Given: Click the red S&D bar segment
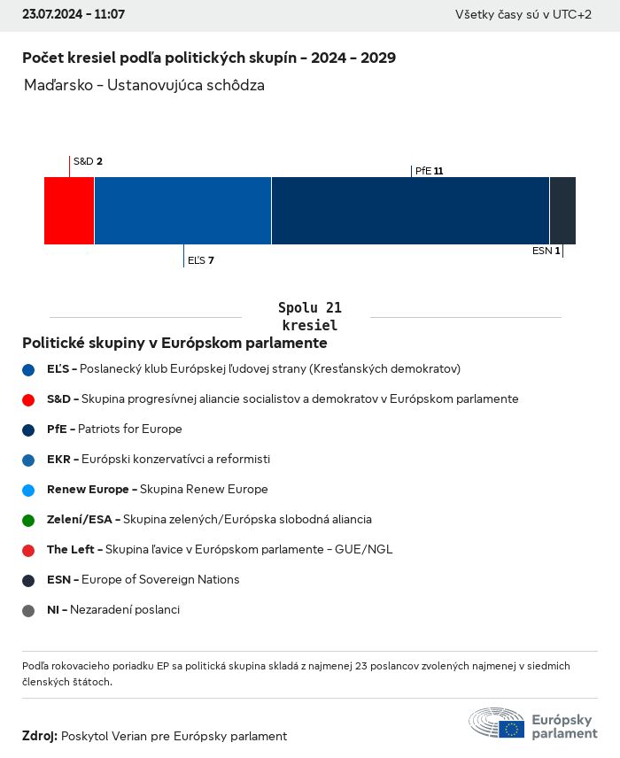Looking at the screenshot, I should coord(69,211).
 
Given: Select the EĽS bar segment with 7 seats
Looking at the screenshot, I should coord(182,211).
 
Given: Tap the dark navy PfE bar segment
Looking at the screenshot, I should coord(410,211).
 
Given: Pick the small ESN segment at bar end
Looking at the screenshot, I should coord(562,211).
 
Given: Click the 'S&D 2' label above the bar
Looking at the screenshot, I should coord(88,161).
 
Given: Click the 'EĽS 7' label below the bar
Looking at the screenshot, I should coord(200,260).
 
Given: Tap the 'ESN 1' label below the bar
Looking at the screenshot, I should coord(546,251).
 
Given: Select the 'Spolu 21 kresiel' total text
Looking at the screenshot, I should coord(310,316).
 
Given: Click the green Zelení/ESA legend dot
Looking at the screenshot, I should coord(28,520).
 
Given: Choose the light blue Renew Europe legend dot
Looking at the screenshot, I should coord(28,490).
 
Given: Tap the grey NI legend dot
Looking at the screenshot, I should coord(28,610).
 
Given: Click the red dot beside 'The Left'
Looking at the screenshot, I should coord(28,550).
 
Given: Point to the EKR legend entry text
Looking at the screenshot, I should coord(159,460).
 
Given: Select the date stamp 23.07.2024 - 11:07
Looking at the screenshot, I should coord(74,15).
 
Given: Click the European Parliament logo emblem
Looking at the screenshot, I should coord(497,723).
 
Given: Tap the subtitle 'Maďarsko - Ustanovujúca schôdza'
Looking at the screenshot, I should coord(144,86).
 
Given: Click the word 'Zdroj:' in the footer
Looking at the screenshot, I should coord(40,736).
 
